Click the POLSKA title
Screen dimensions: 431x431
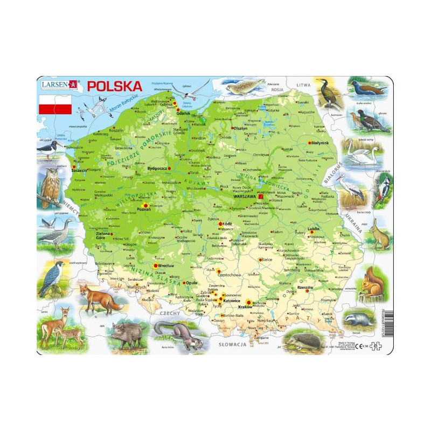point(115,86)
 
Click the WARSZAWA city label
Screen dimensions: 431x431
point(244,197)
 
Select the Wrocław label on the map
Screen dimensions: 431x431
point(166,266)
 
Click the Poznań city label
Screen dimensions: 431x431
point(144,208)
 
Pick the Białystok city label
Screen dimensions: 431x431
point(322,143)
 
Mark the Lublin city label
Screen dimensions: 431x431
point(313,228)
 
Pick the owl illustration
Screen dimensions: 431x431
point(50,183)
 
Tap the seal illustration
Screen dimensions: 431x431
point(244,86)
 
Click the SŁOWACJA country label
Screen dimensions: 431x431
point(232,343)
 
